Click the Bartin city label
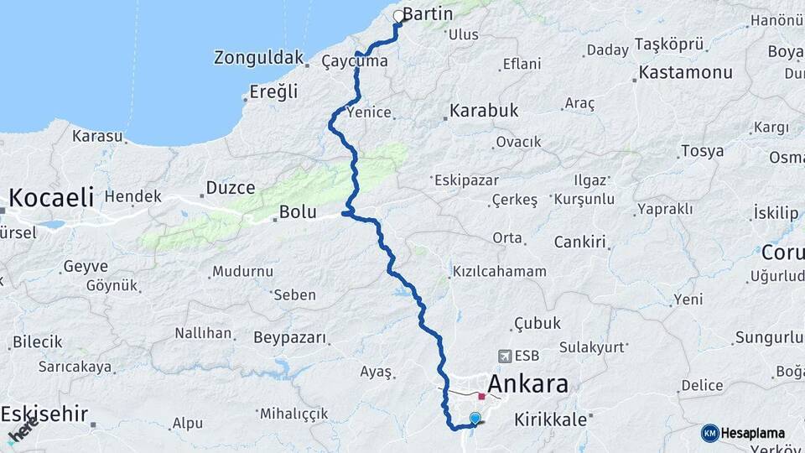point(428,14)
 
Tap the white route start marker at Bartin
point(399,16)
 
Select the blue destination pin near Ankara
point(475,418)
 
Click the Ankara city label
point(527,384)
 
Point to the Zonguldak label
point(258,58)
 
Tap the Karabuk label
point(484,110)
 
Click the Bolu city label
point(298,212)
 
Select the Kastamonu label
point(685,72)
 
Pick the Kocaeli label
point(50,198)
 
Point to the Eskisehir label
point(45,414)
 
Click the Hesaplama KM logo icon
point(710,433)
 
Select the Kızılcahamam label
point(500,272)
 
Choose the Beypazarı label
point(289,337)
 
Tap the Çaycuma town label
point(355,61)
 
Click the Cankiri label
point(579,242)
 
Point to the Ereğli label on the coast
point(274,91)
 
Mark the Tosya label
point(702,152)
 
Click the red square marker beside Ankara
point(482,396)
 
